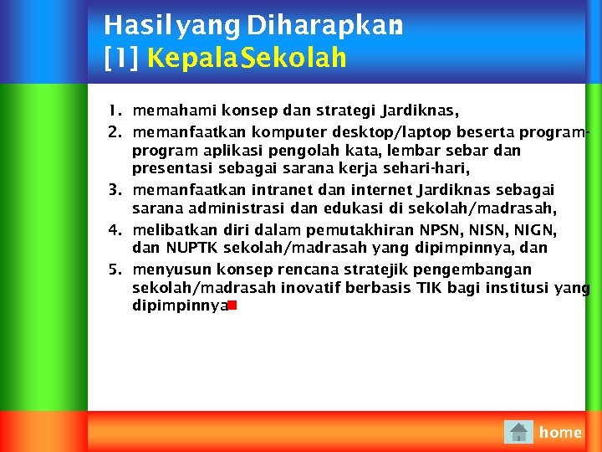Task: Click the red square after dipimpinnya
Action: (x=230, y=306)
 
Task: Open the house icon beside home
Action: (x=518, y=432)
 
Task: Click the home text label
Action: (x=560, y=432)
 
